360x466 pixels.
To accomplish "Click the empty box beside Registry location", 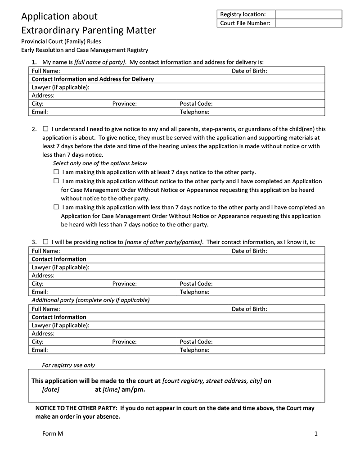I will [x=308, y=14].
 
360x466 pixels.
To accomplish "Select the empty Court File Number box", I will [x=308, y=23].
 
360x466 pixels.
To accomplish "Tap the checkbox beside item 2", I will [x=45, y=129].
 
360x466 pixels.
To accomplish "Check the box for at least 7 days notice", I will [x=56, y=172].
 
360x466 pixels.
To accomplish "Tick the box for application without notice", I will [x=56, y=181].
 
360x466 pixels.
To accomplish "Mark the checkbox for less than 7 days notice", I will [x=56, y=207].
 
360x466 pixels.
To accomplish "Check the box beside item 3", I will [x=45, y=242].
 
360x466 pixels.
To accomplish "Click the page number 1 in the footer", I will [x=316, y=434].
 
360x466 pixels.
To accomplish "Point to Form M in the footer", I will [x=53, y=434].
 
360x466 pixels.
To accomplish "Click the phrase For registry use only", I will [x=68, y=365].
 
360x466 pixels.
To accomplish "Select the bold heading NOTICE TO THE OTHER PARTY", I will [x=76, y=408].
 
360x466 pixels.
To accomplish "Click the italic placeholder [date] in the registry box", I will [x=50, y=389].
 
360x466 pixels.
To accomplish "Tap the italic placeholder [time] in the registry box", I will [x=111, y=389].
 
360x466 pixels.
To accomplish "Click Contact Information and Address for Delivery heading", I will [x=93, y=79].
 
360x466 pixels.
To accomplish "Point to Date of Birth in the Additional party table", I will [x=249, y=309].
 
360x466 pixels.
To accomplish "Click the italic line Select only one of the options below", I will [x=100, y=163].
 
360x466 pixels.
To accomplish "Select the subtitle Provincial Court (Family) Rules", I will [x=61, y=41].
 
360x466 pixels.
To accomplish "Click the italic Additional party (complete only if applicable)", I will [x=90, y=300].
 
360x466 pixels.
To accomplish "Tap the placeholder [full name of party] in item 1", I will [x=100, y=62].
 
